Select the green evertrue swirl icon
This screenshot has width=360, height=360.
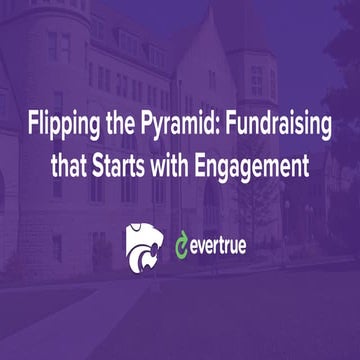tap(183, 242)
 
